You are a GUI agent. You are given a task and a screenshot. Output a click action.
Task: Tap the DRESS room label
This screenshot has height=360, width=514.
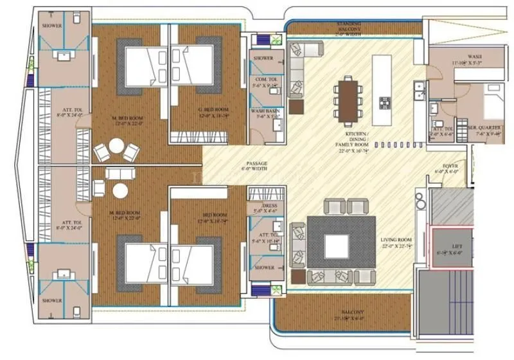click(264, 206)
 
